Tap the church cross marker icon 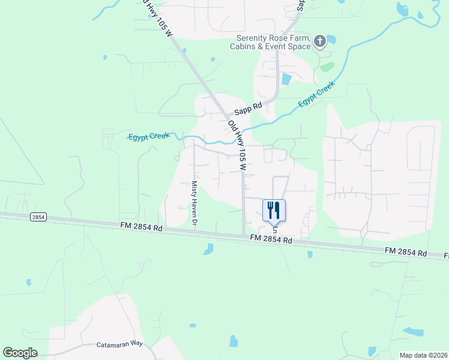[320, 41]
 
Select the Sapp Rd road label [249, 108]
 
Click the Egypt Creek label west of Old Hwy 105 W [149, 137]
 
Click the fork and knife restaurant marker [274, 210]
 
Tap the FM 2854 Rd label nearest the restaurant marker [271, 239]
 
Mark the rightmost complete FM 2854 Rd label [405, 253]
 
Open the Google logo [20, 353]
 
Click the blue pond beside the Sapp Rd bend [286, 79]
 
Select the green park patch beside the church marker [327, 67]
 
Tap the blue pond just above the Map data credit [413, 331]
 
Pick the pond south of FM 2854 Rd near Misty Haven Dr [208, 249]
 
